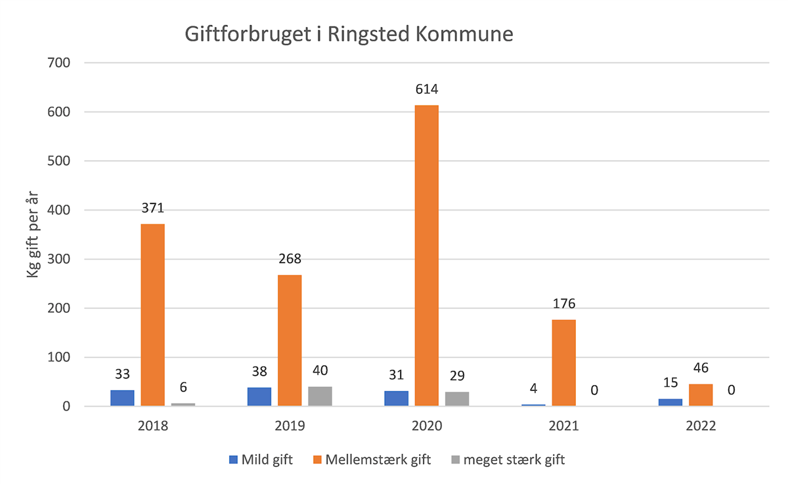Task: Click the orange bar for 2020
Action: point(426,256)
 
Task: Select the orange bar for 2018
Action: point(153,315)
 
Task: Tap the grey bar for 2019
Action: point(320,396)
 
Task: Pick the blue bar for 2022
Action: point(670,402)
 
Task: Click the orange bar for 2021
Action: point(563,363)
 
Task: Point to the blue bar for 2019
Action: point(259,397)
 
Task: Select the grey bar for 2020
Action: point(457,399)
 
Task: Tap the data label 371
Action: point(153,209)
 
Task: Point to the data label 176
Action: point(563,304)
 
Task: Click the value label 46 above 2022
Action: point(701,368)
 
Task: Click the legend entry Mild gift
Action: point(261,459)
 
